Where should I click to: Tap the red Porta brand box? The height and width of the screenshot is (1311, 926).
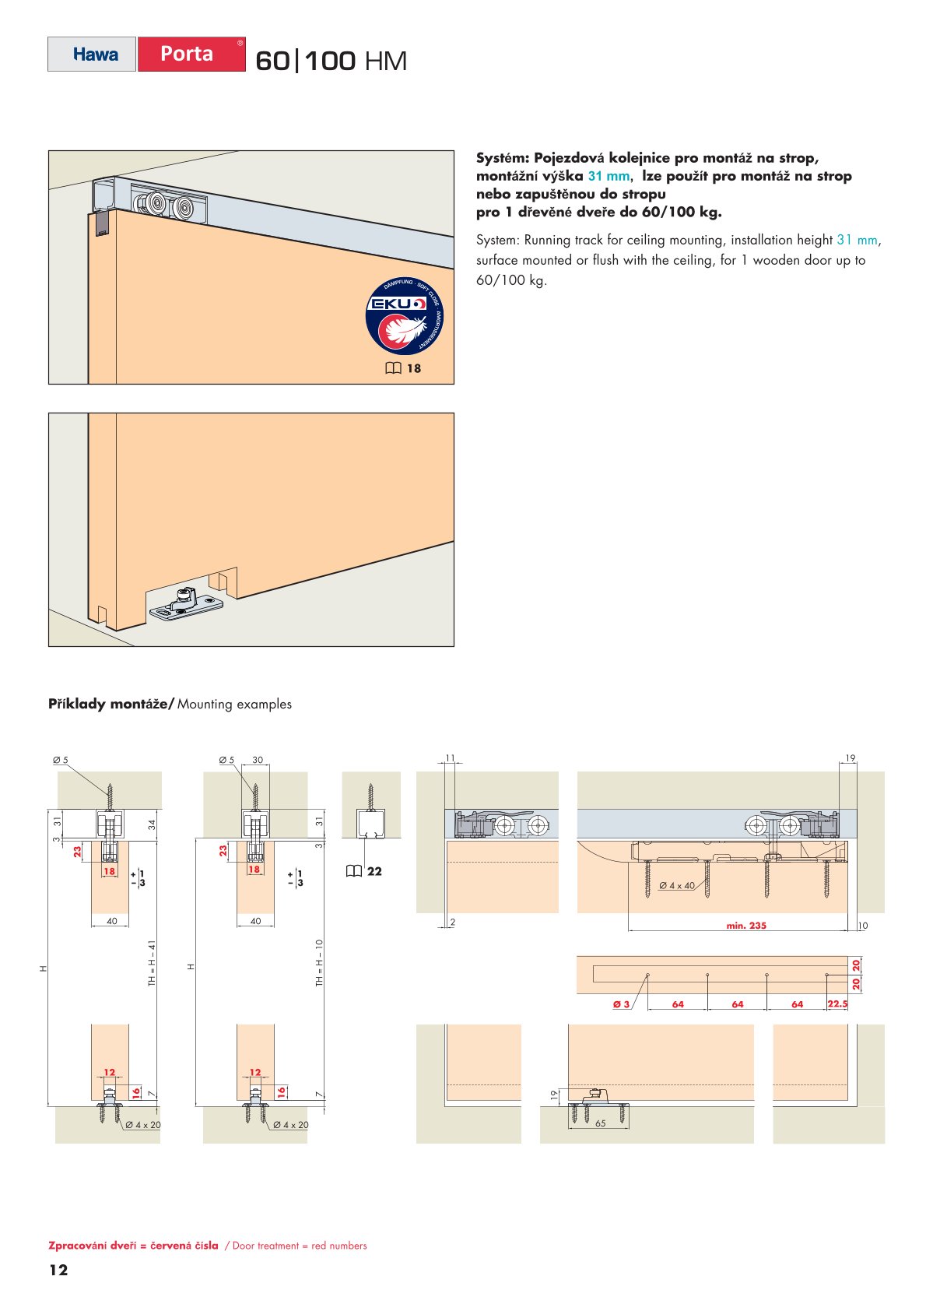(x=191, y=54)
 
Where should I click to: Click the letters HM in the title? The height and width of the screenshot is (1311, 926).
(x=385, y=62)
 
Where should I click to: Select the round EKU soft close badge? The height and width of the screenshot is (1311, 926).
(x=404, y=315)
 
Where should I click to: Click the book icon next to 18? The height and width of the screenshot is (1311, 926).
(x=393, y=368)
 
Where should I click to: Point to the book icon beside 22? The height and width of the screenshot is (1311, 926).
(x=354, y=871)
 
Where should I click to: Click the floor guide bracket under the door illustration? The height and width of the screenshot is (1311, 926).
(x=186, y=605)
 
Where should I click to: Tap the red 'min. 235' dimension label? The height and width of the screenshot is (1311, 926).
(x=745, y=926)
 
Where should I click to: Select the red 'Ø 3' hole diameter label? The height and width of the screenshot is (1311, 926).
(x=621, y=1004)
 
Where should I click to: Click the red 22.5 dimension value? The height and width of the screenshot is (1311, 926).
(x=837, y=1003)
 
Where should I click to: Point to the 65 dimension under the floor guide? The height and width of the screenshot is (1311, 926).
(x=600, y=1123)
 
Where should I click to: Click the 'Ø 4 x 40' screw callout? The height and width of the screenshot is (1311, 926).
(x=677, y=885)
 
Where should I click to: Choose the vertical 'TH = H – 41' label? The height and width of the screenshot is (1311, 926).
(x=152, y=963)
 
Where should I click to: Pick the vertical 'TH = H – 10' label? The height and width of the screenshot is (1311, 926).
(x=319, y=963)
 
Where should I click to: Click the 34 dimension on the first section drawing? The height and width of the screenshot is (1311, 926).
(x=152, y=824)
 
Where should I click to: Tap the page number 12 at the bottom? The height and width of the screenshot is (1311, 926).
(x=58, y=1270)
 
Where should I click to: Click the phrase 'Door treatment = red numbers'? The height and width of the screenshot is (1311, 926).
(x=300, y=1246)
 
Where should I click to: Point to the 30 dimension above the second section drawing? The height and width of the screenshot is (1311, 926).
(x=258, y=760)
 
